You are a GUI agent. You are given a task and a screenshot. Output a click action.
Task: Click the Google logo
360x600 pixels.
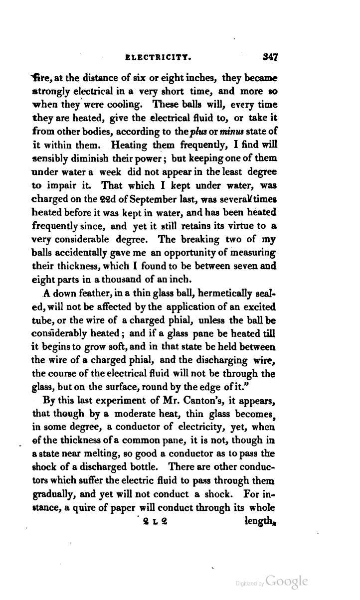(287, 581)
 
